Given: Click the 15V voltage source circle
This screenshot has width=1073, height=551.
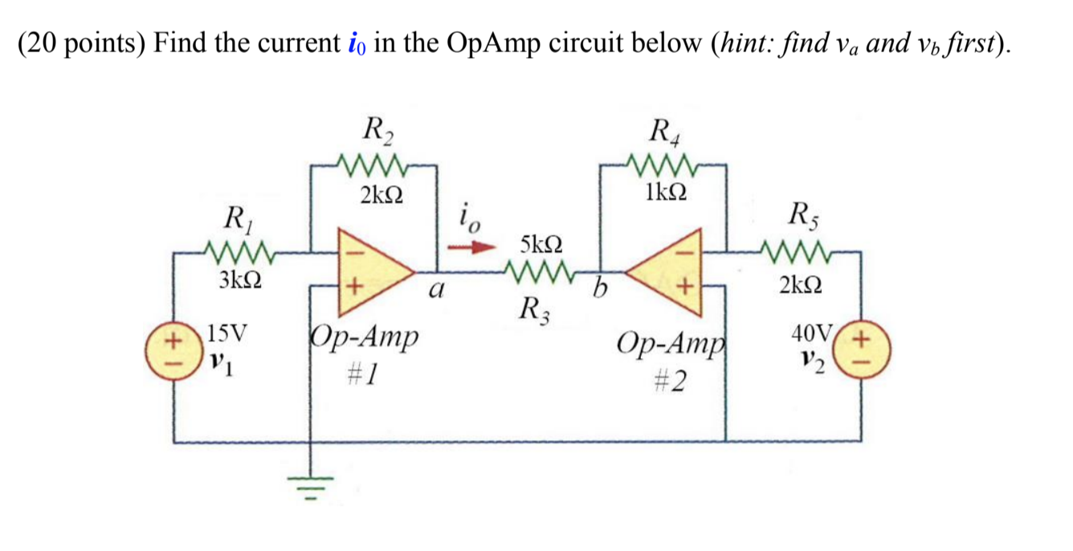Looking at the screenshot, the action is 173,351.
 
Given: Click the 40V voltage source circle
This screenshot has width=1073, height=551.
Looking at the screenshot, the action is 861,349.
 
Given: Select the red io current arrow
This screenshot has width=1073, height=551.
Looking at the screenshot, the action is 471,247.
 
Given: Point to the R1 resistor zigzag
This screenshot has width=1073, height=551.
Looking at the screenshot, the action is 239,252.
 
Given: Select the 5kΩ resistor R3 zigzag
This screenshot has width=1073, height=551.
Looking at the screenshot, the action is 540,272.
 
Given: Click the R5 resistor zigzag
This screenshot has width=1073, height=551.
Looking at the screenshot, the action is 796,252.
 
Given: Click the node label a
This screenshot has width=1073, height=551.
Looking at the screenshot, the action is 436,289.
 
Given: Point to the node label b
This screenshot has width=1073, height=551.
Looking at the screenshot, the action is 600,288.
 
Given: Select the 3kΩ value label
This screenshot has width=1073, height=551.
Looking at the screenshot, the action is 240,280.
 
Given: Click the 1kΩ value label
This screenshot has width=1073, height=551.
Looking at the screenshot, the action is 666,192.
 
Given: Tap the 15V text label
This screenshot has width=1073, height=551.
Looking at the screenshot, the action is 227,333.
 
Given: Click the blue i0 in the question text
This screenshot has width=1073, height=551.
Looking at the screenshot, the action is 357,44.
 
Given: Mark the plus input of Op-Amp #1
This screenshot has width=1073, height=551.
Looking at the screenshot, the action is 354,287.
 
